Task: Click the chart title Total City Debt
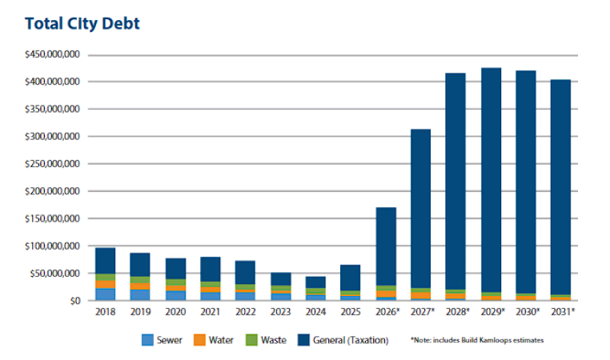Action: point(82,23)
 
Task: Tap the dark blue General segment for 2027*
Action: point(421,208)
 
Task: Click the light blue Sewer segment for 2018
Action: point(106,294)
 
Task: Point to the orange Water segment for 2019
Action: point(140,286)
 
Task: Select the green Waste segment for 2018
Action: point(106,277)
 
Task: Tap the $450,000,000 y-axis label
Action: point(53,54)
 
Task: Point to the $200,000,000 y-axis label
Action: point(53,191)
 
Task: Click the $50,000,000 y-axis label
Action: point(55,274)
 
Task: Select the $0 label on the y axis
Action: point(74,301)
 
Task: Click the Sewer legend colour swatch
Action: point(148,340)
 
